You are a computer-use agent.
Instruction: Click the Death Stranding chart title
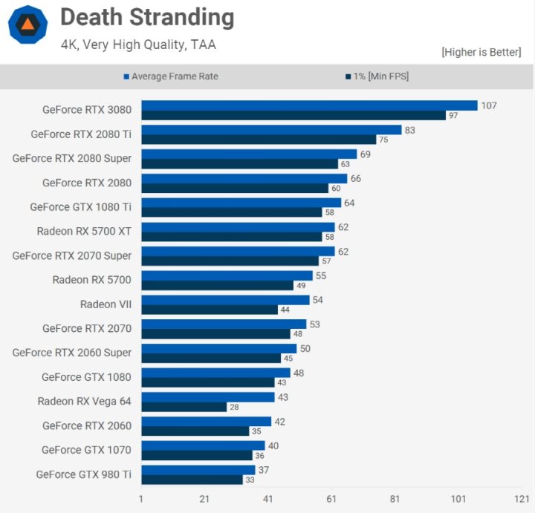(x=146, y=17)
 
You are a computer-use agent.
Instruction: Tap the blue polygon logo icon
(x=27, y=25)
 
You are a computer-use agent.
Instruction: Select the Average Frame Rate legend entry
(x=175, y=76)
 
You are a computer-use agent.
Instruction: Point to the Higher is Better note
(x=481, y=52)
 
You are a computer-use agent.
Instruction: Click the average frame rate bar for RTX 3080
(x=309, y=105)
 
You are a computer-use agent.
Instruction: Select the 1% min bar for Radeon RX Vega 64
(x=184, y=407)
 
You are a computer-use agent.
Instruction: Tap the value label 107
(x=488, y=105)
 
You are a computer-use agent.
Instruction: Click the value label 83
(x=411, y=130)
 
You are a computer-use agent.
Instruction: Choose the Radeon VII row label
(x=106, y=304)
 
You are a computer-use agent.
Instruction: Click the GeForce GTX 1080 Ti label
(x=80, y=207)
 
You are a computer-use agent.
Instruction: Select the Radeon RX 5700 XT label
(x=84, y=231)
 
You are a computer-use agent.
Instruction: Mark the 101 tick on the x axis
(x=458, y=499)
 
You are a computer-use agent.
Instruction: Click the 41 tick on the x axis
(x=268, y=499)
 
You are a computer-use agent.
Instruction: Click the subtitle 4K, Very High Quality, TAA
(x=138, y=45)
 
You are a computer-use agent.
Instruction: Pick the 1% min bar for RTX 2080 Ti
(x=259, y=140)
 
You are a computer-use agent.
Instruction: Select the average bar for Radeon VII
(x=225, y=300)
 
